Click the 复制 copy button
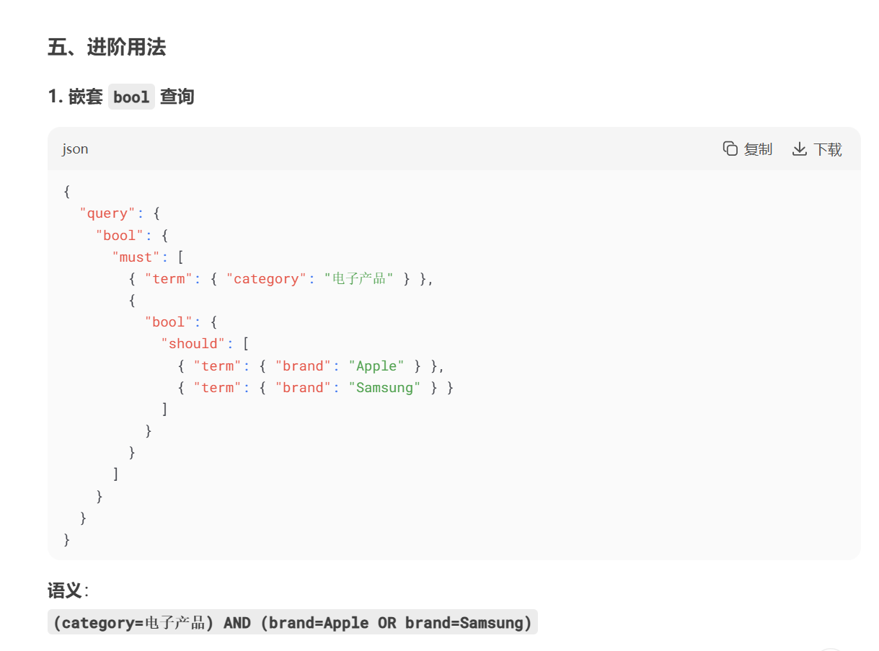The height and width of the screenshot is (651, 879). click(x=748, y=149)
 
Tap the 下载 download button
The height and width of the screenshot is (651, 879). click(x=817, y=149)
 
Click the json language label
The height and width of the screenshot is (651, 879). click(x=75, y=149)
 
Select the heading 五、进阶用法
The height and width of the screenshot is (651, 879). click(x=107, y=48)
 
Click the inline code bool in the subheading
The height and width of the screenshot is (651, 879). click(x=131, y=97)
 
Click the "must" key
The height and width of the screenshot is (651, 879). click(x=136, y=257)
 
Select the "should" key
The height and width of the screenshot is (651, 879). click(x=193, y=344)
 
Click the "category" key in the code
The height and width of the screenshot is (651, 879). click(x=266, y=279)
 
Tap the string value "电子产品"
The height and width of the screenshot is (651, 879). click(x=359, y=279)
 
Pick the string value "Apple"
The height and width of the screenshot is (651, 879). click(x=376, y=366)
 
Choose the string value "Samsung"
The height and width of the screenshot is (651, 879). click(x=385, y=388)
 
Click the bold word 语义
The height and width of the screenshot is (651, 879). click(x=65, y=591)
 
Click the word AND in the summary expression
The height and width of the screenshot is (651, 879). click(x=237, y=623)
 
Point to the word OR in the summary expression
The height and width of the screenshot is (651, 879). click(x=387, y=623)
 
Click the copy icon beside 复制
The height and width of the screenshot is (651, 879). click(x=730, y=149)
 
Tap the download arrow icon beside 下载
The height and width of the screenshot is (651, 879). click(x=799, y=149)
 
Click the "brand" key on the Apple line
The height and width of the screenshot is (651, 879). click(x=303, y=366)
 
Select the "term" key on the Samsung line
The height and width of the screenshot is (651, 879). click(x=217, y=388)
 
